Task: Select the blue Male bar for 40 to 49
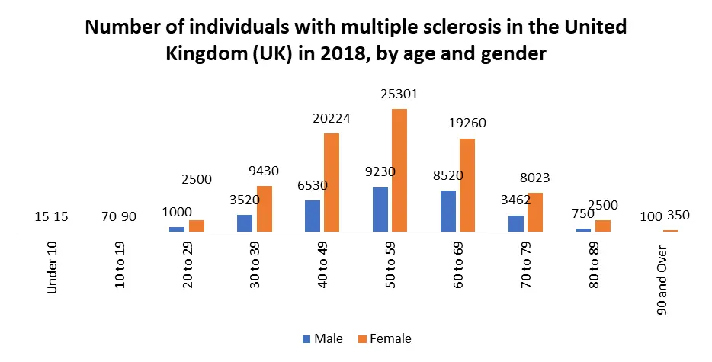pyautogui.click(x=312, y=216)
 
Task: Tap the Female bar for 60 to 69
pyautogui.click(x=467, y=184)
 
